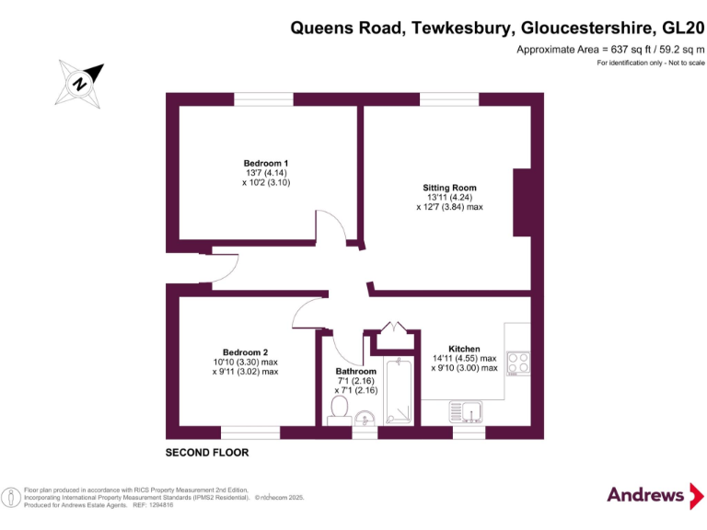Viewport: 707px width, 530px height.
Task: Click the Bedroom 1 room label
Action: point(266,163)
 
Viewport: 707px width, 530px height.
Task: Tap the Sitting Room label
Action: point(449,188)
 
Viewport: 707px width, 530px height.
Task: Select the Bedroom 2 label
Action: point(245,351)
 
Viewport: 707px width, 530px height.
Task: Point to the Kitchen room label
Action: point(464,349)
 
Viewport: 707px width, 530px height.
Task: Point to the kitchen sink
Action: point(468,410)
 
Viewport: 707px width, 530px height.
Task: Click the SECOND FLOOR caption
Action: point(207,453)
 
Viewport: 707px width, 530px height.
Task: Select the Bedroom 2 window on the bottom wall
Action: point(250,432)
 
